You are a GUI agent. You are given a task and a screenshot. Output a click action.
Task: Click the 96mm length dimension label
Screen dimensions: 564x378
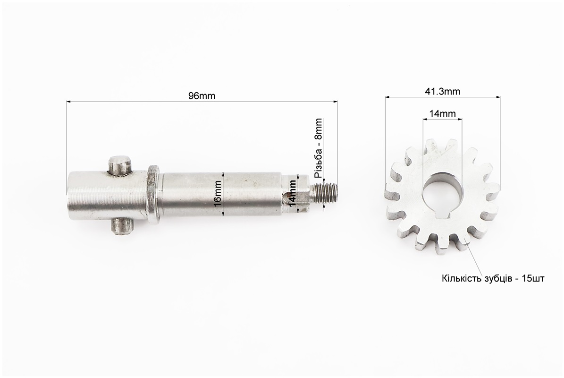point(202,96)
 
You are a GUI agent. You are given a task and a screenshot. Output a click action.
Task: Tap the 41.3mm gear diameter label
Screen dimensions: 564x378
point(442,91)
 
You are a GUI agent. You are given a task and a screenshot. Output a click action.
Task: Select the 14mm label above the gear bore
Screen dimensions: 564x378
point(442,114)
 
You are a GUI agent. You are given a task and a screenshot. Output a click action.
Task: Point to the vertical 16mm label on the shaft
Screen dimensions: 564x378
point(217,196)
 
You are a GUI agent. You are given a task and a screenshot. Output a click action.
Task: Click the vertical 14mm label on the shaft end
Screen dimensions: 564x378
point(293,192)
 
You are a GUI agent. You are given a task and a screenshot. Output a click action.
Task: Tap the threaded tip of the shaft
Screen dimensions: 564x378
point(326,193)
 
